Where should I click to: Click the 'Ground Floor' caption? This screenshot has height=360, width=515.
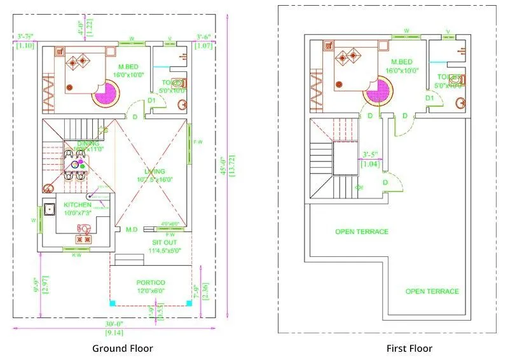click(123, 348)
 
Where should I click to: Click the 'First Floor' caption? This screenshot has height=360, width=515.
click(409, 348)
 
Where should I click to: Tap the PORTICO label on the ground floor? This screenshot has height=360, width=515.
click(151, 282)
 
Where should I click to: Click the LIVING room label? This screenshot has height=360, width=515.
click(154, 172)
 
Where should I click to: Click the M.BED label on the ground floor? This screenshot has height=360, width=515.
click(129, 67)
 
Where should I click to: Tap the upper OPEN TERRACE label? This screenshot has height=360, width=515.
click(362, 232)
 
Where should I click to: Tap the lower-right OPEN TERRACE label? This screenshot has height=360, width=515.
click(432, 291)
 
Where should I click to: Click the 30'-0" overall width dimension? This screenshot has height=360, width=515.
click(115, 324)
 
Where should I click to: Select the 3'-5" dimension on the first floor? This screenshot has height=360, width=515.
click(371, 155)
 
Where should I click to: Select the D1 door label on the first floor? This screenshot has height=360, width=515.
click(429, 98)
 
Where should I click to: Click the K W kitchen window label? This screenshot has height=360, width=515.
click(76, 255)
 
